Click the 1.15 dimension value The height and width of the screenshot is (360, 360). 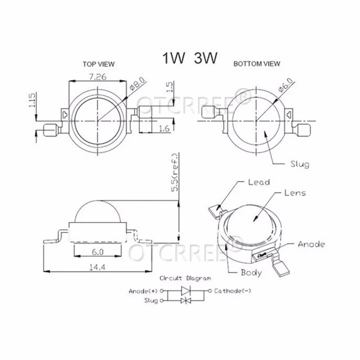32,101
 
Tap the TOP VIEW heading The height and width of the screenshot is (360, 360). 98,64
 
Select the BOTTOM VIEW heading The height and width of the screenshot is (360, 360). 256,64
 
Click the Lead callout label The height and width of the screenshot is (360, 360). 259,182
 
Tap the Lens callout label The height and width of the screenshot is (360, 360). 295,193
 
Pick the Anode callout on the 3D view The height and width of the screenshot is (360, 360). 311,244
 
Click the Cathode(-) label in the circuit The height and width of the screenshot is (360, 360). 232,291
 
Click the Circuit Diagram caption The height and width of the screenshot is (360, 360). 185,279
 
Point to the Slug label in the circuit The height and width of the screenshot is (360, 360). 151,301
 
